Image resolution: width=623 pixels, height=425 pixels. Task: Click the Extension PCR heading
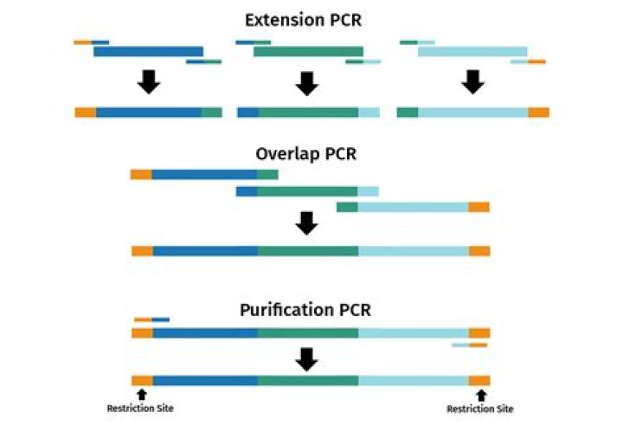[303, 20]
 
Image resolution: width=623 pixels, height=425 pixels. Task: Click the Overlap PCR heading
[306, 154]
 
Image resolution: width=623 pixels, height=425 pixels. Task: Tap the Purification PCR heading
[305, 310]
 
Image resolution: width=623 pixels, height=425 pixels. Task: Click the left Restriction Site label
[140, 409]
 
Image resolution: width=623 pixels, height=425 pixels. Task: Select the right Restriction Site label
[480, 409]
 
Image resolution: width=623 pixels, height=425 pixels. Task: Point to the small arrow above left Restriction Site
[141, 395]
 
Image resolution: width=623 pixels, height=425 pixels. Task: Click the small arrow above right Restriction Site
[481, 396]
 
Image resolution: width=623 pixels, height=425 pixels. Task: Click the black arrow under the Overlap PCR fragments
[306, 223]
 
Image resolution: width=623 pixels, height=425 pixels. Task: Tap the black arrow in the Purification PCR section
[306, 359]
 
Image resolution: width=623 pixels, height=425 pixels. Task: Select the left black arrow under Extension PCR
[149, 82]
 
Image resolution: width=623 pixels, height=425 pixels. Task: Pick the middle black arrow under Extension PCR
[306, 83]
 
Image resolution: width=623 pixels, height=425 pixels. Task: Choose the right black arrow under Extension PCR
[472, 82]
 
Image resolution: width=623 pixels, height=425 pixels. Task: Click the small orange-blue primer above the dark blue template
[92, 42]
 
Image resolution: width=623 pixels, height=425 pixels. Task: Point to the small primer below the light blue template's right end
[528, 61]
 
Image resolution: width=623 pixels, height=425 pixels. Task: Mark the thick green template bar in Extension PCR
[308, 51]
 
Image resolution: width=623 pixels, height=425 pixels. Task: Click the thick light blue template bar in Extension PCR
[472, 51]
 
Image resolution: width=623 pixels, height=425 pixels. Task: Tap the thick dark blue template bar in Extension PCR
[148, 51]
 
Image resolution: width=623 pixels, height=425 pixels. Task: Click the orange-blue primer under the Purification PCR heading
[151, 319]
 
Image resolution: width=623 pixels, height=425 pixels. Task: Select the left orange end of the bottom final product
[142, 381]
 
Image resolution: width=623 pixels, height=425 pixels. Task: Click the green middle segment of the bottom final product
[308, 381]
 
